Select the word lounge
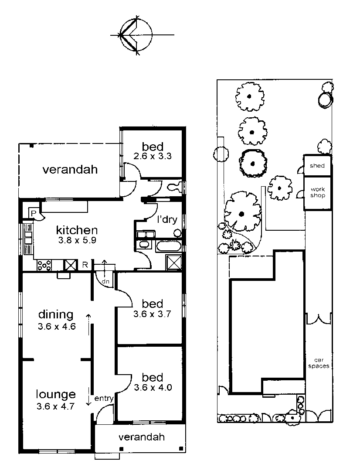pos(56,395)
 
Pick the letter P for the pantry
pos(33,213)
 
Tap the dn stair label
pos(105,281)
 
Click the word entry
pos(104,398)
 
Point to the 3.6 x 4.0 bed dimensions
pos(153,387)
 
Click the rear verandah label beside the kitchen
pos(70,170)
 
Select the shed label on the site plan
pos(318,166)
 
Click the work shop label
pos(318,192)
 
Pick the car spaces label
pos(319,363)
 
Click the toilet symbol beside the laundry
pos(174,188)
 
